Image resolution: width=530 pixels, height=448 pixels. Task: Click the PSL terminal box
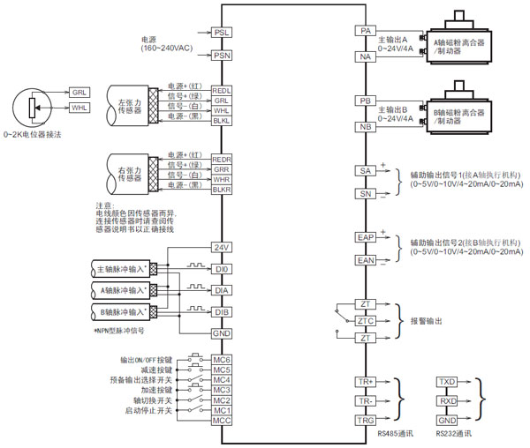(222, 32)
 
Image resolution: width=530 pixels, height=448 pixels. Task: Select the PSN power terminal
(222, 56)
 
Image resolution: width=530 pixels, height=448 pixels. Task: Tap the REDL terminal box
(222, 91)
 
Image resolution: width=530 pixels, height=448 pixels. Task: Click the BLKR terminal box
(222, 189)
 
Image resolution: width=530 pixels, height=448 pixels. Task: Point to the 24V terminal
(222, 246)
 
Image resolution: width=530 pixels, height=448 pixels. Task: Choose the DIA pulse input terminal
(222, 289)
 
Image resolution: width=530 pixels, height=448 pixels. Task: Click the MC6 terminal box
(222, 361)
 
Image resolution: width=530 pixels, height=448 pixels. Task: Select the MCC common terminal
(222, 421)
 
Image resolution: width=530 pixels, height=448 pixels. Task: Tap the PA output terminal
(364, 31)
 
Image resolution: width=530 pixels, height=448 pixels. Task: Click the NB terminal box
(364, 127)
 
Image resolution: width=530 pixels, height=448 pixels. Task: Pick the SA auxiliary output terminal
(364, 169)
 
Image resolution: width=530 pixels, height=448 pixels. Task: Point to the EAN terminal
(364, 260)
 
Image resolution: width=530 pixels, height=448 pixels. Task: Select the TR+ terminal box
(364, 382)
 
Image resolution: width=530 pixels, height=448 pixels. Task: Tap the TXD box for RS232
(447, 382)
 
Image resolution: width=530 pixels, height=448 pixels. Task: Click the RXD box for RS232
(447, 401)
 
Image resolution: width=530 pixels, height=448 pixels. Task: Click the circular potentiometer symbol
(33, 108)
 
